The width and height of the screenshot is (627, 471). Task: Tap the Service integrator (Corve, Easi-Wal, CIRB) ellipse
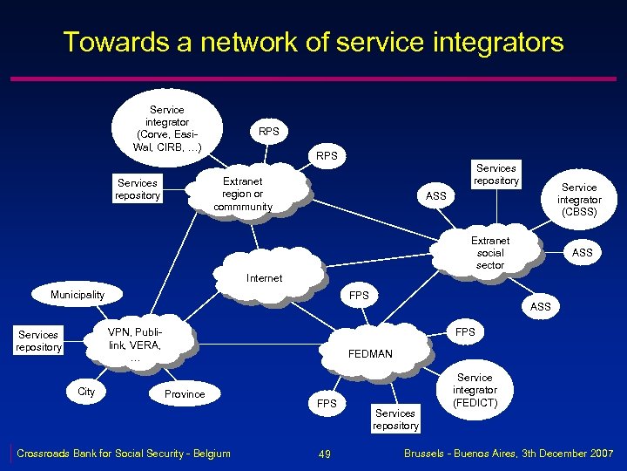click(167, 128)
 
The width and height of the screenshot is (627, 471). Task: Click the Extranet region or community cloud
click(243, 195)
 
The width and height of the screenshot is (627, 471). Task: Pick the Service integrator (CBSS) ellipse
click(579, 200)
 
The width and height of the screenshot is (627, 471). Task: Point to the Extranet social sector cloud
click(490, 253)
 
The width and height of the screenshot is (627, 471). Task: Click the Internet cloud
click(265, 276)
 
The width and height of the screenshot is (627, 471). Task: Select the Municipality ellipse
click(78, 295)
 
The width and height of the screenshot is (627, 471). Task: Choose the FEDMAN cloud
click(371, 352)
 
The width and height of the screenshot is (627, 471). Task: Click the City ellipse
click(86, 392)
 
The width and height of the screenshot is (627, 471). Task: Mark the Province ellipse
click(185, 394)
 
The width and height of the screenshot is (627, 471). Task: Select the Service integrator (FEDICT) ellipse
click(475, 390)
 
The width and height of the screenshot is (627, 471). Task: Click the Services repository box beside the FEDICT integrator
click(395, 420)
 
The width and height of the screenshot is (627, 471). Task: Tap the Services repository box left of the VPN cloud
click(38, 341)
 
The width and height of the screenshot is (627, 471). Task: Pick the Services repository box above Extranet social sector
click(496, 174)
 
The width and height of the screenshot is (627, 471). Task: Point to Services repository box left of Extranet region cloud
click(138, 189)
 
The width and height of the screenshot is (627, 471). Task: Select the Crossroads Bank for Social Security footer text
click(124, 453)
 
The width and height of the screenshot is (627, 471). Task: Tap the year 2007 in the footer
click(600, 454)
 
